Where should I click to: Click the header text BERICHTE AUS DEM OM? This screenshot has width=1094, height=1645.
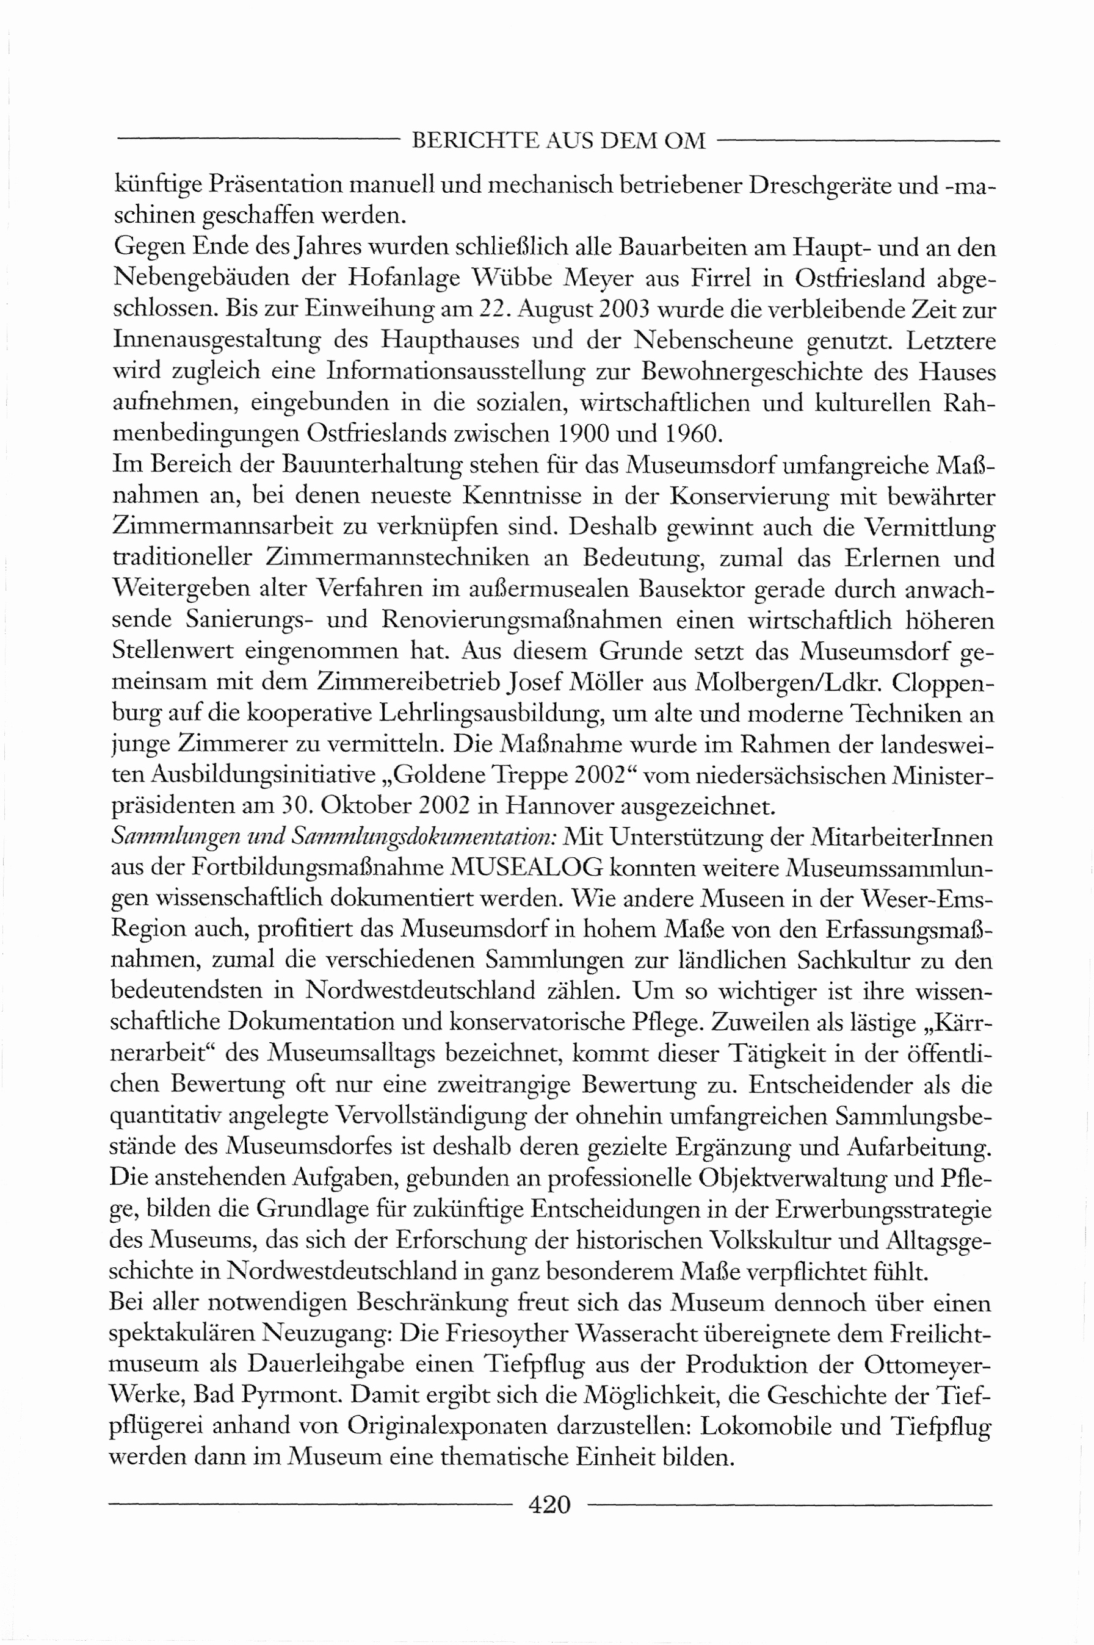coord(558,142)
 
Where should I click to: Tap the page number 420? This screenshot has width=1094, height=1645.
coord(550,1504)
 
